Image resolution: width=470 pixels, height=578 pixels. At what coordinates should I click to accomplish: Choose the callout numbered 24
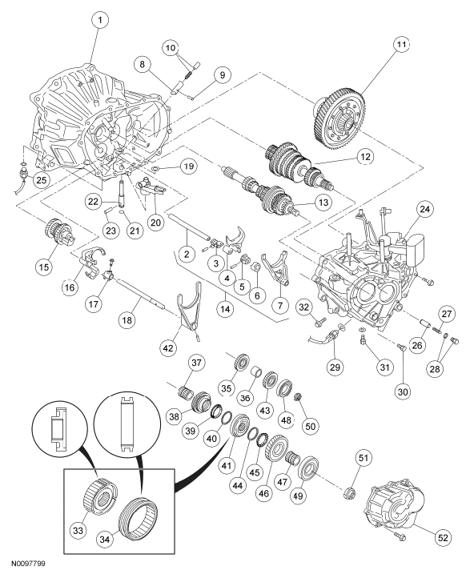(424, 211)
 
